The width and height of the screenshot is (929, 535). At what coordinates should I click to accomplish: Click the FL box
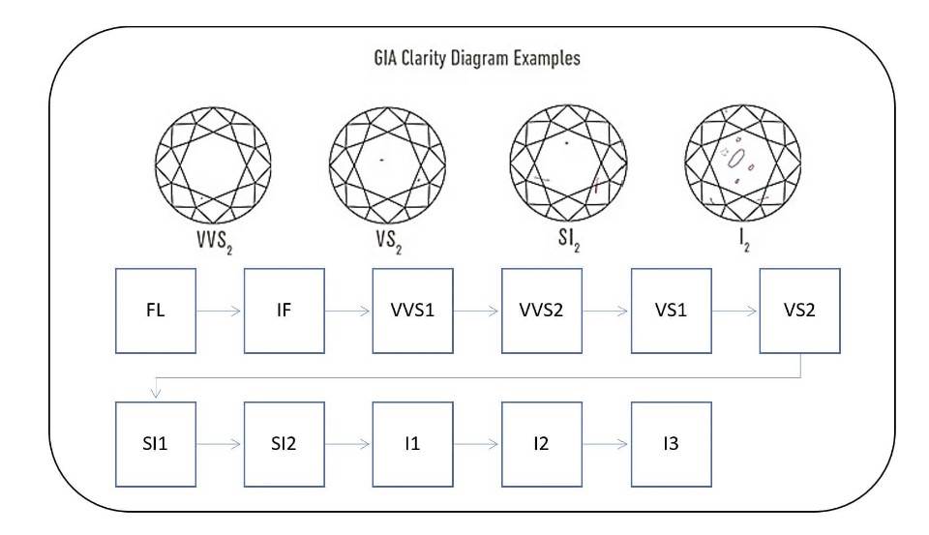[155, 311]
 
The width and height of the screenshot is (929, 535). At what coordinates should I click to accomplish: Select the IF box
[284, 311]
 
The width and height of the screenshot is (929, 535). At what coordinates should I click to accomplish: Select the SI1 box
[155, 444]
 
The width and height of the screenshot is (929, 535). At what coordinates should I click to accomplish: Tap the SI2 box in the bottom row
[284, 444]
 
